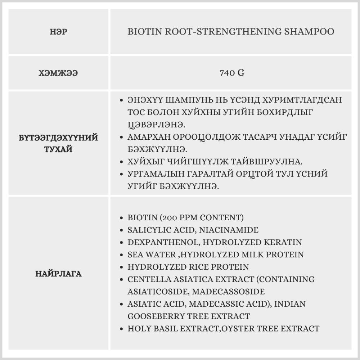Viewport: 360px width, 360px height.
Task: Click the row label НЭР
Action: (x=58, y=32)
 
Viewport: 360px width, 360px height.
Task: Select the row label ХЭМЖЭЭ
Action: (x=58, y=73)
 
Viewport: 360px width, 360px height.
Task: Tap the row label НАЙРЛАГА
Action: (x=58, y=274)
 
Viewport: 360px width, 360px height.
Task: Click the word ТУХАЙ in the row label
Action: (x=58, y=149)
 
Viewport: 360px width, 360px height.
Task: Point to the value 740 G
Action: (x=232, y=73)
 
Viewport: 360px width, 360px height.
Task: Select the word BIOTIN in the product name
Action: (x=144, y=32)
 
